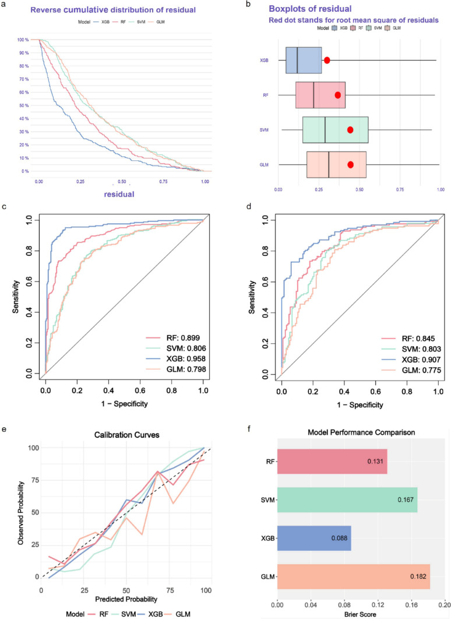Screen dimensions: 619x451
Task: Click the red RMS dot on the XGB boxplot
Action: tap(327, 60)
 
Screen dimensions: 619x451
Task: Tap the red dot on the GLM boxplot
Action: tap(350, 164)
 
